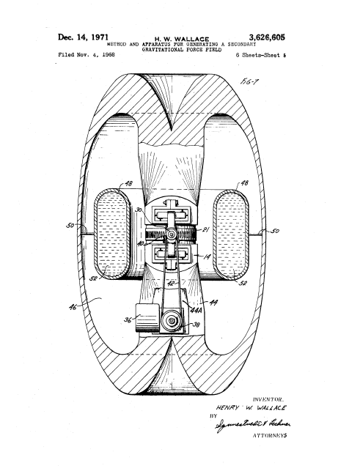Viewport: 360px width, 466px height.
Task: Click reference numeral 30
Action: click(139, 210)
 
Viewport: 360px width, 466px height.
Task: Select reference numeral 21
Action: click(207, 231)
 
